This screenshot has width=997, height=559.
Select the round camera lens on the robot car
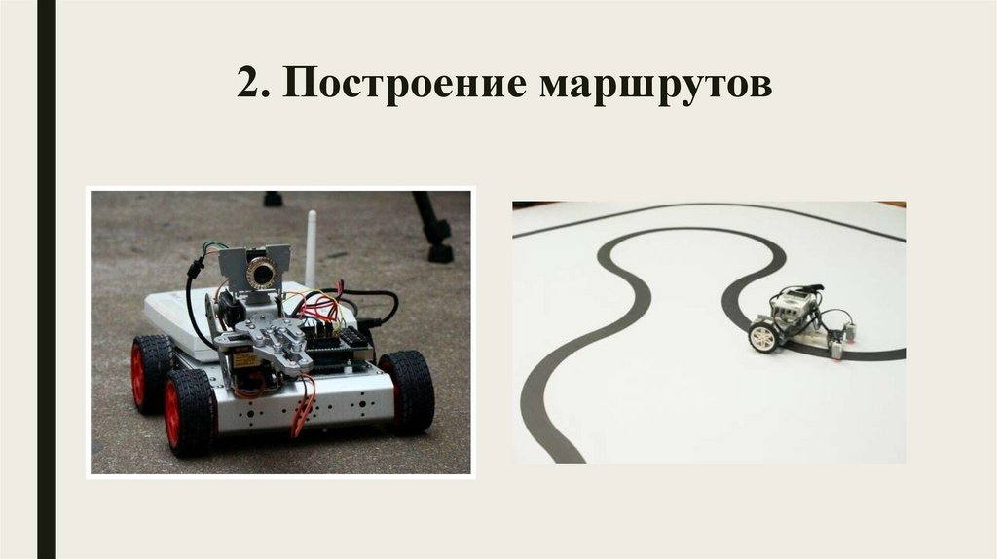pyautogui.click(x=261, y=273)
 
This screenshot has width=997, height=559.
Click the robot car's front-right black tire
pyautogui.click(x=407, y=391)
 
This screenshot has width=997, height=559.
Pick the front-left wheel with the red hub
pyautogui.click(x=189, y=412)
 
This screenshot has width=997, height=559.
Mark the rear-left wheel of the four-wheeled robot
pyautogui.click(x=150, y=372)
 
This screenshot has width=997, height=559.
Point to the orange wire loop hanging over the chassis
pyautogui.click(x=305, y=406)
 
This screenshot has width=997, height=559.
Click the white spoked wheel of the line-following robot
pyautogui.click(x=763, y=336)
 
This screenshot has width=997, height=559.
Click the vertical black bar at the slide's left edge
pyautogui.click(x=47, y=279)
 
